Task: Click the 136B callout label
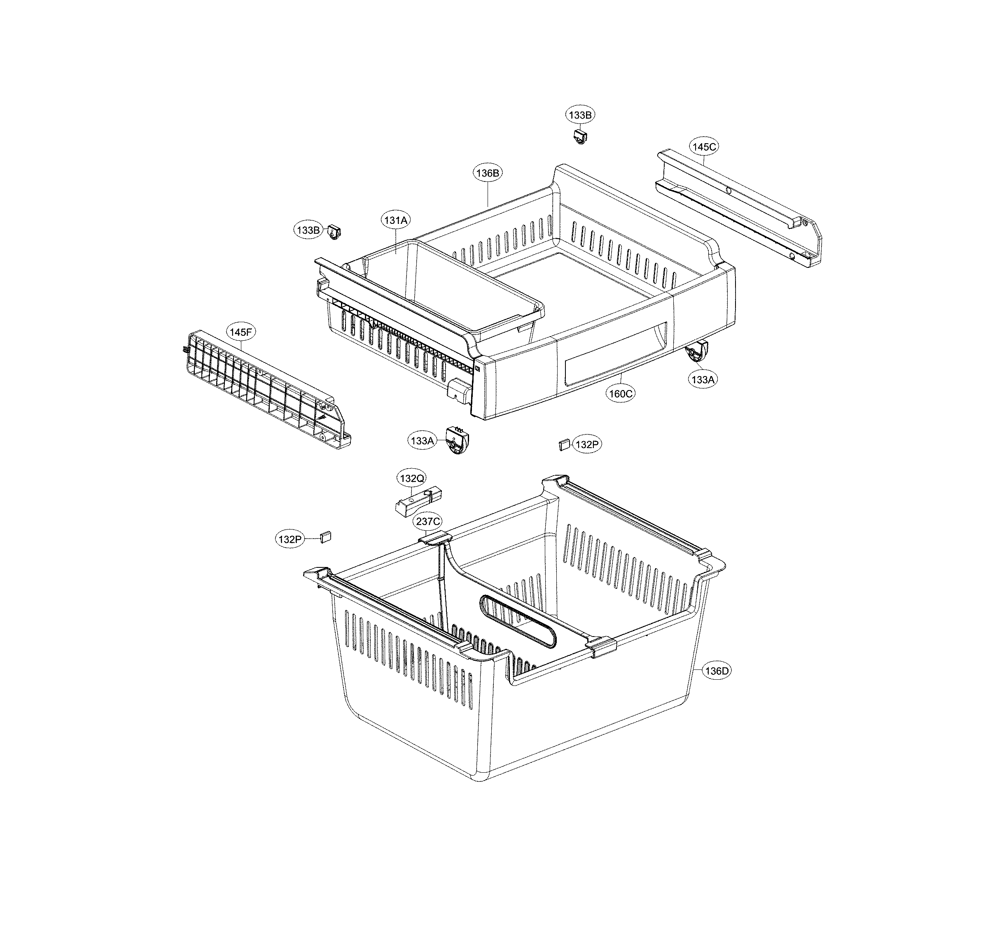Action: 488,173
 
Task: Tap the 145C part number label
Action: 704,147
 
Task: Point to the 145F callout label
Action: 240,332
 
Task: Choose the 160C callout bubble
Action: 620,393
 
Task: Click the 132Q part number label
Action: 412,478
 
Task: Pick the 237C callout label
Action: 428,521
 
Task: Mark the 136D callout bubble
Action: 717,671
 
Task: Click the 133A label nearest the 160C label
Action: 703,380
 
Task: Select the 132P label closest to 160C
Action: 587,444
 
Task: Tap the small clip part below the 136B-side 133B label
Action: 580,136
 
